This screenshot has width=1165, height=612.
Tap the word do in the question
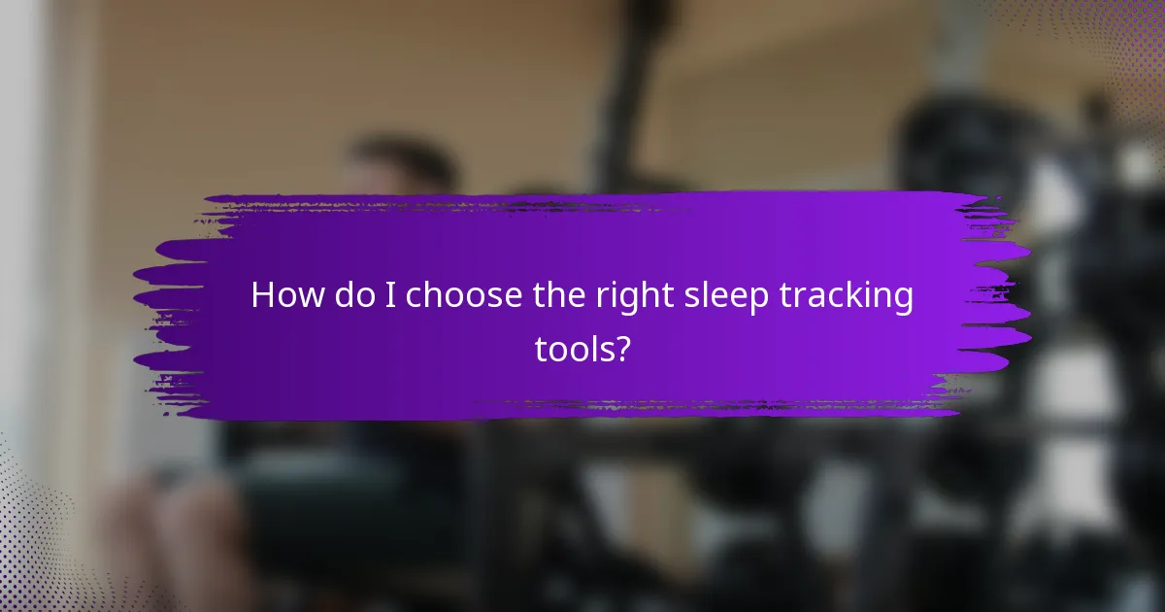349,295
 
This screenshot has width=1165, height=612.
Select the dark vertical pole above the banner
630,97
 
